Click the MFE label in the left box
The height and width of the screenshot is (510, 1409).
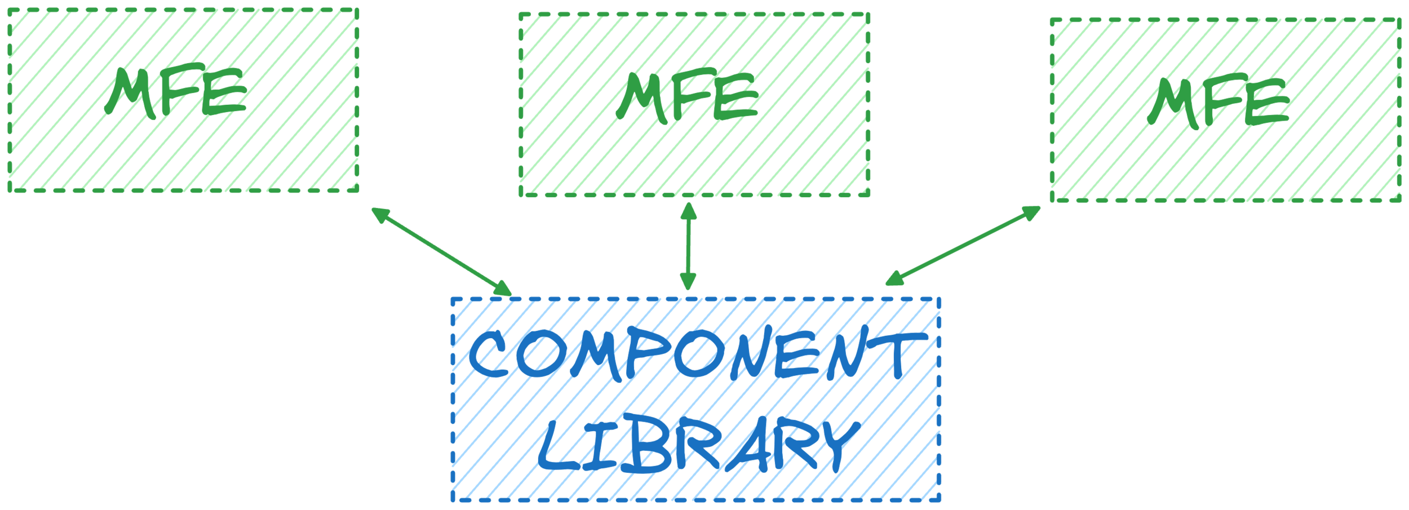[x=175, y=93]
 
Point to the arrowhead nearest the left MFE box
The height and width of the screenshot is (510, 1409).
[x=380, y=215]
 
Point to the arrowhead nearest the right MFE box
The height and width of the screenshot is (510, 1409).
[x=1031, y=212]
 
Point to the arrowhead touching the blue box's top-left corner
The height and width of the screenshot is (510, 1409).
[x=502, y=288]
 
